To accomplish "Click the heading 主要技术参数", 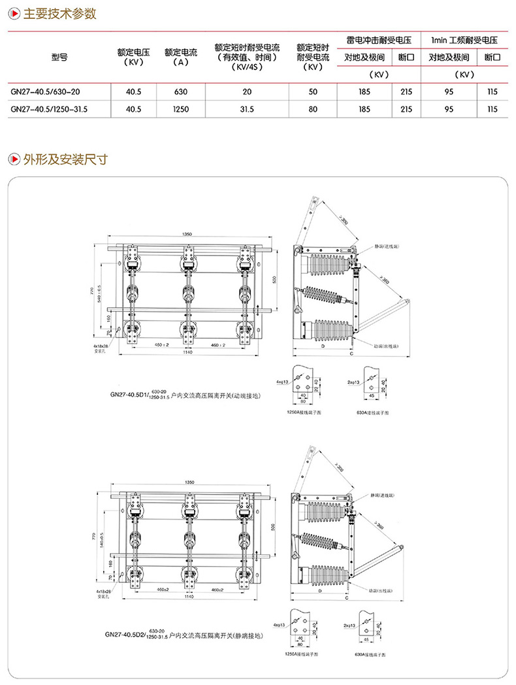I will [59, 14].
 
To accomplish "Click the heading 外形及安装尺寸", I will [65, 159].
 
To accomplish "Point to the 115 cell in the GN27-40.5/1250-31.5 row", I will [492, 109].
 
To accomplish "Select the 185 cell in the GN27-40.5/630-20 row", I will [364, 92].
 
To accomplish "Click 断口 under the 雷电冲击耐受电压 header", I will [406, 58].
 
